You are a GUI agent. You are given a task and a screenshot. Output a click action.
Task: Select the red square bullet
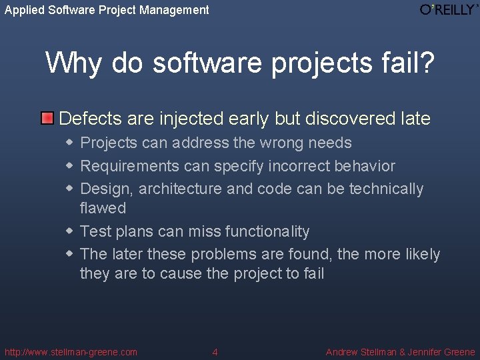click(47, 119)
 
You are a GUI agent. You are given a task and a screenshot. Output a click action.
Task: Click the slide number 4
click(215, 352)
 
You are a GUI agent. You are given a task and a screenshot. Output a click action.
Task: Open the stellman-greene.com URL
click(71, 352)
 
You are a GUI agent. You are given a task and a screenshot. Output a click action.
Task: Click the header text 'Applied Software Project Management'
click(107, 10)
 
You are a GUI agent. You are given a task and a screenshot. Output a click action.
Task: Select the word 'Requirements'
click(130, 166)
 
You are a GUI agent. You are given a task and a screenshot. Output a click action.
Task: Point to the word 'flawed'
click(103, 208)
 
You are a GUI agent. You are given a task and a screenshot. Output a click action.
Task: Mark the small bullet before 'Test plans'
click(70, 231)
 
